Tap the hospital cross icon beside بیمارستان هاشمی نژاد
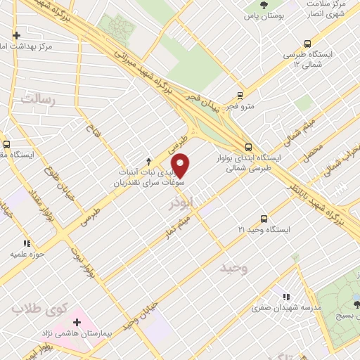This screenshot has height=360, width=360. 77,322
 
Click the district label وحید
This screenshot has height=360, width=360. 234,269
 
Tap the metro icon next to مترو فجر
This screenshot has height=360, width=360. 240,96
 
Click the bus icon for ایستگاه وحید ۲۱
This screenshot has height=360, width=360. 264,219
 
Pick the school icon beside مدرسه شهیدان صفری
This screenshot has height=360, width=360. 285,297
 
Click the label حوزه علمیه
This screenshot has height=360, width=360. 26,251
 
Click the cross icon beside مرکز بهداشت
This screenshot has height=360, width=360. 17,34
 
